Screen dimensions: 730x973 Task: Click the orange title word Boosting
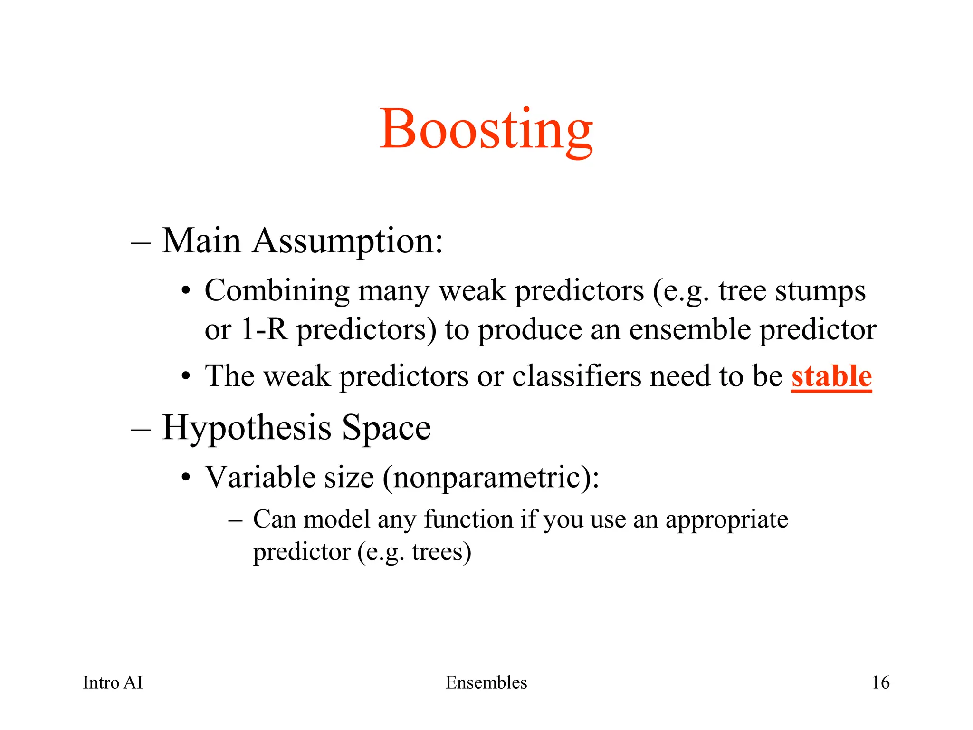click(x=486, y=129)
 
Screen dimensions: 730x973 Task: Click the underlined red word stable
click(x=831, y=376)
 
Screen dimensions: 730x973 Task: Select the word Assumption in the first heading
click(x=347, y=241)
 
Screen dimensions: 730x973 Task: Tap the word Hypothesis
click(x=247, y=428)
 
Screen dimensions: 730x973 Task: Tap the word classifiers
click(x=577, y=376)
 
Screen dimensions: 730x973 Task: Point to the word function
click(x=468, y=519)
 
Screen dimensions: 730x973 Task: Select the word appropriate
click(x=726, y=519)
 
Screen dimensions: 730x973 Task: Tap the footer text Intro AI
click(x=113, y=682)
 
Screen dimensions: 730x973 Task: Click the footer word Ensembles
click(x=486, y=682)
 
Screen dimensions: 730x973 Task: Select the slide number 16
click(x=880, y=682)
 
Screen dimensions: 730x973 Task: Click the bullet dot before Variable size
click(x=186, y=478)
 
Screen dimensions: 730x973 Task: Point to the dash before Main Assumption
click(x=141, y=242)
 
